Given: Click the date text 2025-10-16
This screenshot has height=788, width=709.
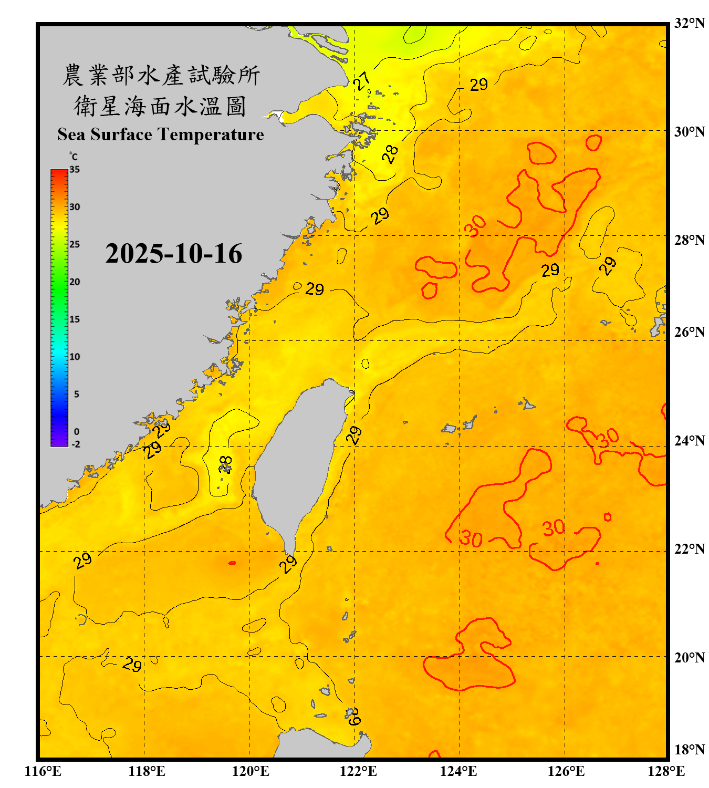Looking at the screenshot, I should coord(173,254).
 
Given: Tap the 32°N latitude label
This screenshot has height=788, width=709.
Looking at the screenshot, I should coord(689,23).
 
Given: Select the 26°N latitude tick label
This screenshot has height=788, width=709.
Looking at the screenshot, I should coord(689,332).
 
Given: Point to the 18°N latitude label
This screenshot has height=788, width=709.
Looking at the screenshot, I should coord(689,750).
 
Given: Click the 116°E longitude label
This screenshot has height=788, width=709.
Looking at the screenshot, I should coord(43,771).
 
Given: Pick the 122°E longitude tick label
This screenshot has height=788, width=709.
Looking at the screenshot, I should coord(358,771).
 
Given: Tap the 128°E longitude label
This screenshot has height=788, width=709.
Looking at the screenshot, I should coord(666,771).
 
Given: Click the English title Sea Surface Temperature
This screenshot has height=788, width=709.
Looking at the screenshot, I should coord(161,134).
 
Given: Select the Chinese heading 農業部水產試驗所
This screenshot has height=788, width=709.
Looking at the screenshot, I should coord(161,75).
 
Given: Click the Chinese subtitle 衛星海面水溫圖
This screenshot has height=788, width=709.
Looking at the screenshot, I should coord(160,106).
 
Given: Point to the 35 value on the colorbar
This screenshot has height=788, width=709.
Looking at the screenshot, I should coord(75,169).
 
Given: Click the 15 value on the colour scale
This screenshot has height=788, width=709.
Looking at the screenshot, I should coord(75,319).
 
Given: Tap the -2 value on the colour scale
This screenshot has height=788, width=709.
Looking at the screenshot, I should coord(76,444).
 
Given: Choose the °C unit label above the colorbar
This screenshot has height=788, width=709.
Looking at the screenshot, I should coord(73,157).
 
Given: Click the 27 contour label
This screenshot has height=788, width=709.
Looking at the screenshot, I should coord(362,81).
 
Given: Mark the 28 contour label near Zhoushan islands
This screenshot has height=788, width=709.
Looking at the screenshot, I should coord(390,154).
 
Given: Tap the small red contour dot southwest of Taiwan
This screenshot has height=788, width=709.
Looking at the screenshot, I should coord(232,563).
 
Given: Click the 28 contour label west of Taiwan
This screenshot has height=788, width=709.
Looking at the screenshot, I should coord(225,464).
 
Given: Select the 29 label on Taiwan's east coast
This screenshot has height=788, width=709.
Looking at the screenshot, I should coord(354,435).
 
